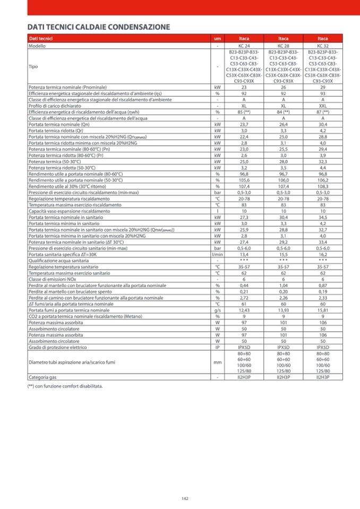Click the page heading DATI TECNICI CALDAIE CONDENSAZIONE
click(99, 27)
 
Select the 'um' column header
click(217, 39)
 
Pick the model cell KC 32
click(323, 46)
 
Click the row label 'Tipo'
click(33, 67)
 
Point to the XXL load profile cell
click(323, 106)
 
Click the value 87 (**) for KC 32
click(323, 112)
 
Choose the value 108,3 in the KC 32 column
click(323, 186)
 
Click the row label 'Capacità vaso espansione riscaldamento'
click(70, 211)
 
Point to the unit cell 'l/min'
click(217, 254)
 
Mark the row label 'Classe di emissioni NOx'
click(52, 279)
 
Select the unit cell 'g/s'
click(217, 310)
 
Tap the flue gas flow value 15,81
click(323, 310)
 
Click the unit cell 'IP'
click(217, 347)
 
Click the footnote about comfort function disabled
click(65, 386)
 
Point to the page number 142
click(185, 498)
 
